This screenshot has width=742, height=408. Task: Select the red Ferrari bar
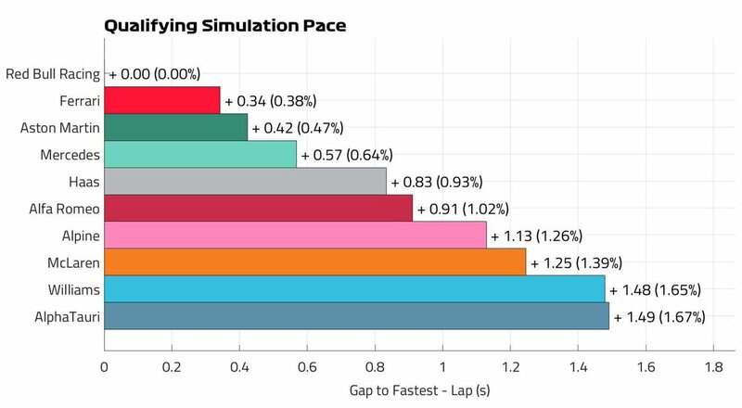[x=162, y=99]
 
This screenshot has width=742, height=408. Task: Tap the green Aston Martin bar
[x=176, y=126]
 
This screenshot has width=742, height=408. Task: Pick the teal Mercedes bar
[x=200, y=154]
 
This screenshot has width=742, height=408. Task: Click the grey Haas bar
[x=245, y=181]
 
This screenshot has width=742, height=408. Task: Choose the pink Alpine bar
[x=295, y=235]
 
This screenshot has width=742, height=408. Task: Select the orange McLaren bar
[x=315, y=262]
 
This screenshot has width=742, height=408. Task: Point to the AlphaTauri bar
[x=356, y=316]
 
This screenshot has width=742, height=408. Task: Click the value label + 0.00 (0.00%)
[x=155, y=72]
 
